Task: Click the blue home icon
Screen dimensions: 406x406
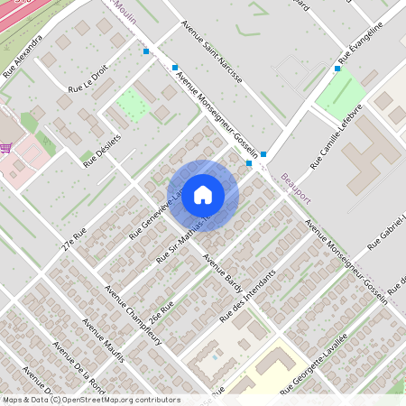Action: pos(203,194)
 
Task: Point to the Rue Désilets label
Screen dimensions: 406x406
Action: pos(102,151)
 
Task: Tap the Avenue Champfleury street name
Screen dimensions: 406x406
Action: pos(128,311)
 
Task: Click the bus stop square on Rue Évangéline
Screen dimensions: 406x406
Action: pos(339,67)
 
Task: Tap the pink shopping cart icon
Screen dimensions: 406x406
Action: pos(6,149)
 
